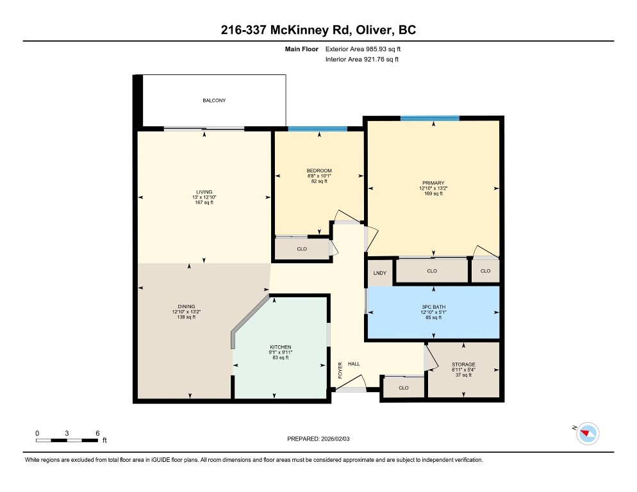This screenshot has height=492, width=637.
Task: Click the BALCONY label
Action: [214, 101]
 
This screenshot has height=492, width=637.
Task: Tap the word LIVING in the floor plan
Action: [204, 192]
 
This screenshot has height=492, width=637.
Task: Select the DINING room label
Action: [186, 306]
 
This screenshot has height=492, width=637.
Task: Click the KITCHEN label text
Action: [280, 347]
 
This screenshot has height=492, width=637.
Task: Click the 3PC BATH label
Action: [433, 307]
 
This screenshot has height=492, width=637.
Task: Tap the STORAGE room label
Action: [463, 365]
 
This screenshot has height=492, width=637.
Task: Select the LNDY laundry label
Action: [379, 274]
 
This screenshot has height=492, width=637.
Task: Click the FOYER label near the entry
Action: [340, 370]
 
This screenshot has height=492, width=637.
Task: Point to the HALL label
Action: [354, 364]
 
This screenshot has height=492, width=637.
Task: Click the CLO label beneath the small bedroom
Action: [301, 249]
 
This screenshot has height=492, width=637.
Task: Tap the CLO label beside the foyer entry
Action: [403, 388]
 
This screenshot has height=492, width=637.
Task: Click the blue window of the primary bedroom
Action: [429, 118]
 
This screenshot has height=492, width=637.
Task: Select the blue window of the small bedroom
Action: [317, 129]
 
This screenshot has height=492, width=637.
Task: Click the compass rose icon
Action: [587, 434]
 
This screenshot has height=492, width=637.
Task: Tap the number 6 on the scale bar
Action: [97, 433]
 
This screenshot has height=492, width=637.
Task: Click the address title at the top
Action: [318, 30]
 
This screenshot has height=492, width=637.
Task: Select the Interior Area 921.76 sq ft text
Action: [362, 60]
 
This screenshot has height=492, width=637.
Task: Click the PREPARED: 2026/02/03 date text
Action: [318, 439]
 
